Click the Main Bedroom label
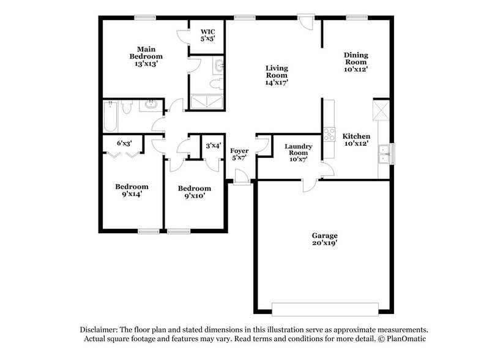[x=146, y=56]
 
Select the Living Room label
[x=277, y=75]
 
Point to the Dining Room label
[x=355, y=62]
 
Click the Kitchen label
[x=355, y=140]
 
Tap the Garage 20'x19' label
[x=324, y=239]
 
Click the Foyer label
[x=239, y=154]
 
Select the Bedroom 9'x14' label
[x=132, y=190]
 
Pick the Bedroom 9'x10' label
[x=194, y=192]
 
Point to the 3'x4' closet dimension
[x=213, y=146]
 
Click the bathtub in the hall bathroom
[x=111, y=116]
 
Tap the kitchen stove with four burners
[x=329, y=133]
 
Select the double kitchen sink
[x=385, y=153]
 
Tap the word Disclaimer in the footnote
[x=101, y=329]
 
